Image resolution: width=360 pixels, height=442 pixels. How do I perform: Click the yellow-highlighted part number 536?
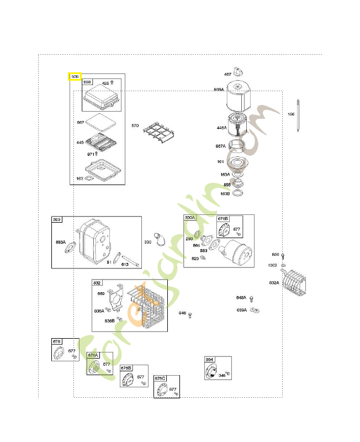pos(75,76)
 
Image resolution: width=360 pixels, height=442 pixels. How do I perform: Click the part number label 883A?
pos(60,242)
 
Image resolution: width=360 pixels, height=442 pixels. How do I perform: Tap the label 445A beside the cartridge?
pos(221,128)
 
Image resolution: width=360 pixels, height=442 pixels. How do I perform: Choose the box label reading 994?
pos(209,360)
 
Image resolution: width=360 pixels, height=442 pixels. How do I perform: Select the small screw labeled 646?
pos(190,315)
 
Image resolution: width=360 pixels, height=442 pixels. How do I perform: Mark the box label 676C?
pos(160,378)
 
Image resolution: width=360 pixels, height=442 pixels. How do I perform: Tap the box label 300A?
pos(190,218)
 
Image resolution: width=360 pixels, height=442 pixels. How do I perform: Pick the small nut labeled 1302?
pos(284,266)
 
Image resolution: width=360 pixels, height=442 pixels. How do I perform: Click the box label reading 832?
pos(97,282)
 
